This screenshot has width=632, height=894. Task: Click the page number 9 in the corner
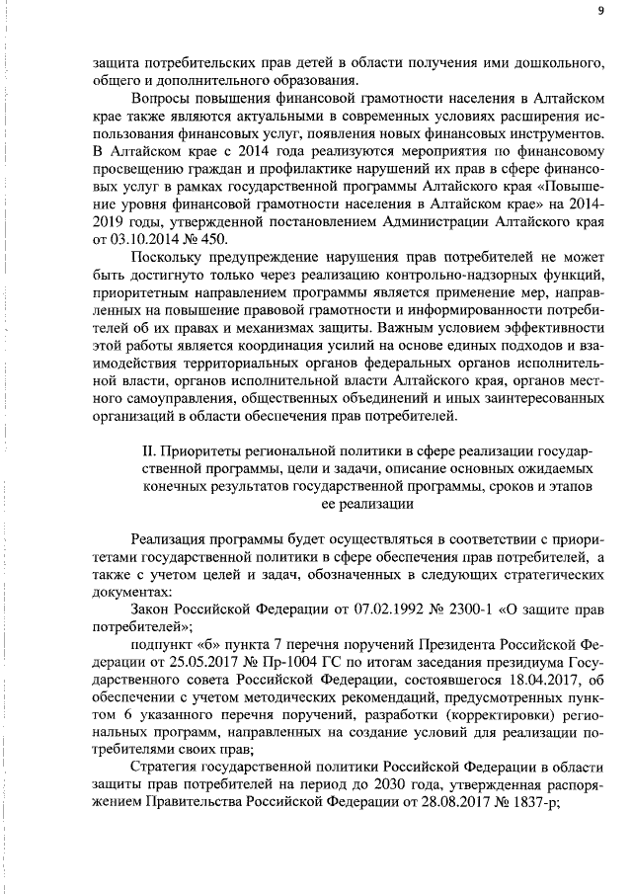[599, 12]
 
